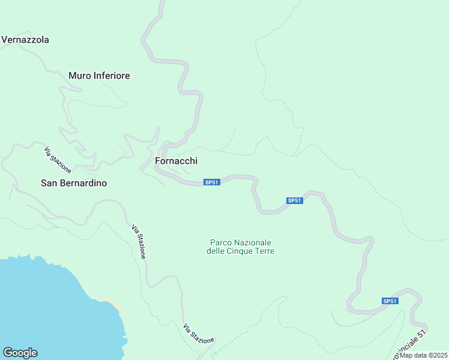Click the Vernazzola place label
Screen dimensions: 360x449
tap(25, 40)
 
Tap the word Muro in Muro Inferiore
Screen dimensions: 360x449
tap(80, 76)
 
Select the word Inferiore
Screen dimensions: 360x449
tap(112, 76)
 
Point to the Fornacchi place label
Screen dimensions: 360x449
tap(176, 161)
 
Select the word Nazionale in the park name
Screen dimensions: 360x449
tap(253, 242)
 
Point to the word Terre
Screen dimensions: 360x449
tap(265, 251)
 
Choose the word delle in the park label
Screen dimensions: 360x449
tap(216, 251)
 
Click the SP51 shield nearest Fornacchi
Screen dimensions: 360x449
tap(211, 182)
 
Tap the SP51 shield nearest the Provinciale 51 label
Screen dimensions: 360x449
tap(390, 301)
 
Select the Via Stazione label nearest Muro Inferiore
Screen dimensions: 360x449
tap(58, 159)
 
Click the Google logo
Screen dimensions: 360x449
tap(20, 353)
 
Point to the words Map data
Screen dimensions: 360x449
tap(412, 355)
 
